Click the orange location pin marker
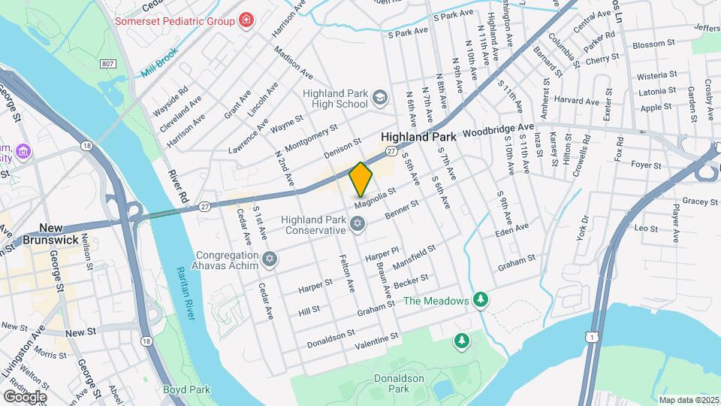(360, 180)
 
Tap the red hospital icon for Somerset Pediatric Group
(246, 20)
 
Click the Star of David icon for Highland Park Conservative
(358, 224)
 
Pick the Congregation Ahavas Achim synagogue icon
(270, 260)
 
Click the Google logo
(25, 396)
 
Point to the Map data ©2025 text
(687, 400)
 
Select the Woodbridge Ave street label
(497, 129)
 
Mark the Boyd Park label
(186, 390)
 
